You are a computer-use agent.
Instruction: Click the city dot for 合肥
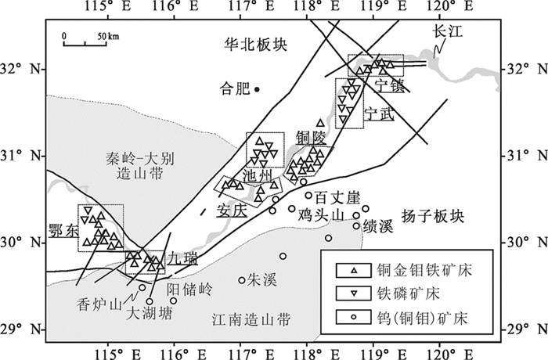(x=257, y=89)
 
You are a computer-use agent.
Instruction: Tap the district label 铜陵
(x=309, y=138)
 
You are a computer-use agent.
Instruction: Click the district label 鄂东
(x=62, y=232)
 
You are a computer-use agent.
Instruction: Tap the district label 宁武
(x=380, y=113)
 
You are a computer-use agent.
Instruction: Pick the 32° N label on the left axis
(x=21, y=69)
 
